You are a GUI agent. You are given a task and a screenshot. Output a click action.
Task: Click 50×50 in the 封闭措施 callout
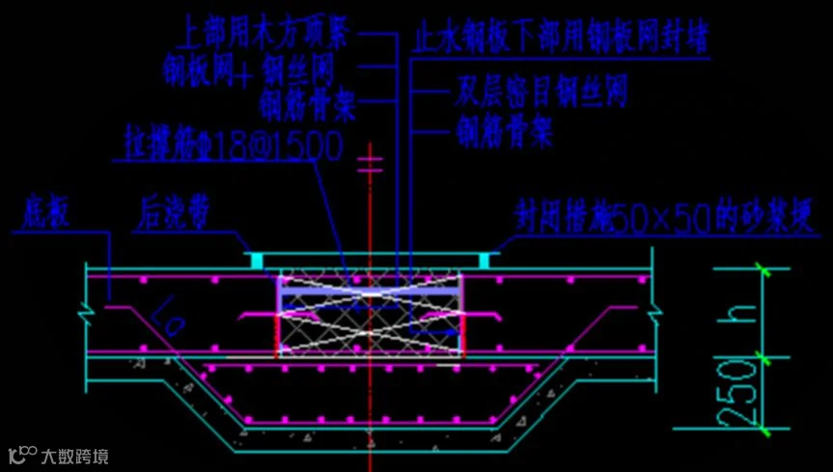point(660,217)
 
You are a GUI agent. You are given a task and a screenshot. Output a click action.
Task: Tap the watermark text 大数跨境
point(74,455)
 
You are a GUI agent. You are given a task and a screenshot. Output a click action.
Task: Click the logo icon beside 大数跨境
point(22,454)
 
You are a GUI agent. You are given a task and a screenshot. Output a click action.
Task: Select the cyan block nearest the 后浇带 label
point(256,260)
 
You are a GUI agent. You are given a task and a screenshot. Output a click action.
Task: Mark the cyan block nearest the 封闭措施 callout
point(486,260)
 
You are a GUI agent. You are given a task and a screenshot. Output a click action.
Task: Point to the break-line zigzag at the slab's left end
point(86,311)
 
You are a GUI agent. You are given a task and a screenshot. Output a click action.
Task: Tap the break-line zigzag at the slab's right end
point(656,309)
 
